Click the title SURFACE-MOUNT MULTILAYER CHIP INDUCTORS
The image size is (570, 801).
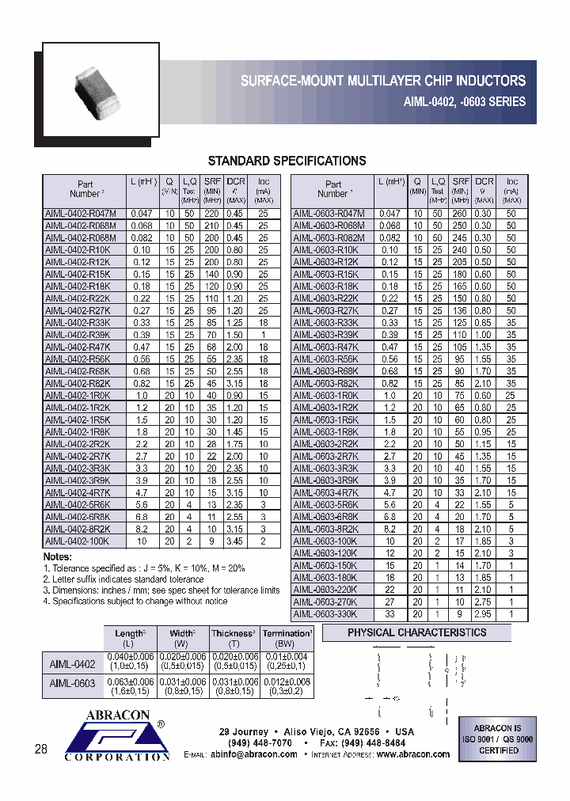(x=382, y=81)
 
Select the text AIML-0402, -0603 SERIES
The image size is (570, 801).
(x=459, y=101)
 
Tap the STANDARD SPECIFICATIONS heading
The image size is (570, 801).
(x=286, y=161)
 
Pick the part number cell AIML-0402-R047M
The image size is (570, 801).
(x=81, y=214)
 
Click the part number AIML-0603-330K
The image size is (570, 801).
(x=325, y=613)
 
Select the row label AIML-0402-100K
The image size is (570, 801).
(x=78, y=541)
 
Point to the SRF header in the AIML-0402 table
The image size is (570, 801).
(x=213, y=182)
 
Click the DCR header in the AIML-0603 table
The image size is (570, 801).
(x=484, y=182)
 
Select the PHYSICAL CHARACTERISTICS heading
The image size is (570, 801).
(x=416, y=633)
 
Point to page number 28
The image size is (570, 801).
(x=41, y=749)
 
